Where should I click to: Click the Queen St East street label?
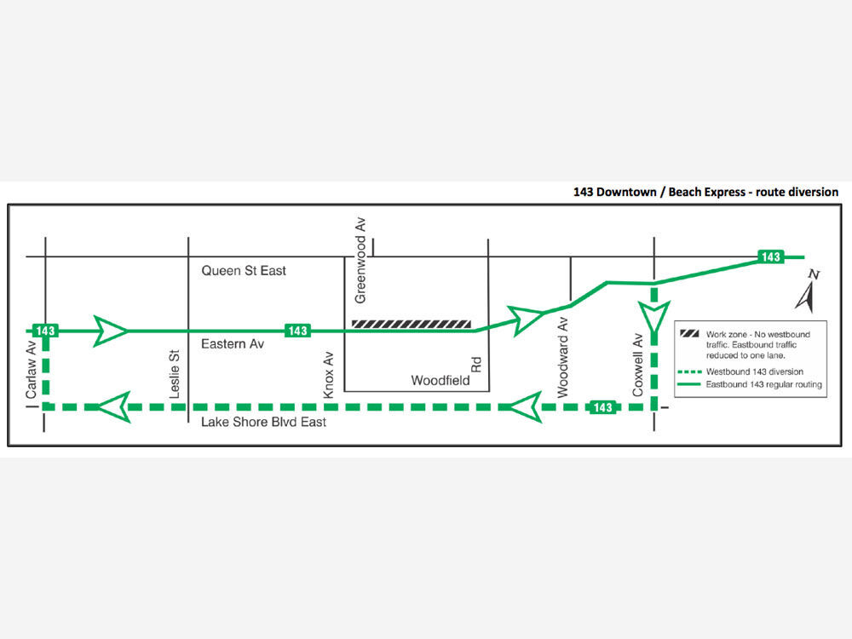244,271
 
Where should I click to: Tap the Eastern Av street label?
233,344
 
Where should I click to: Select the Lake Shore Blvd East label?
263,423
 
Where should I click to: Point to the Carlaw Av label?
31,370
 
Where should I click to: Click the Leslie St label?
175,374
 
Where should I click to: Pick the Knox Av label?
328,375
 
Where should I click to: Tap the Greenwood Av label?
360,260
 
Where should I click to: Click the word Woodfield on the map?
440,380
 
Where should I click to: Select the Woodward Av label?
562,358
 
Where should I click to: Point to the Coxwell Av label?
637,365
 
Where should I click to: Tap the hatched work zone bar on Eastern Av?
412,325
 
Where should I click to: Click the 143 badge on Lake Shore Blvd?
602,407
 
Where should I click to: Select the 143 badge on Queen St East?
771,257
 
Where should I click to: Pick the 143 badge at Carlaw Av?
45,331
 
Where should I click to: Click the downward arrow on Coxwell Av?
654,318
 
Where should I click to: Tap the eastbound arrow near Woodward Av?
526,320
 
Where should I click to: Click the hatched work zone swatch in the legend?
689,334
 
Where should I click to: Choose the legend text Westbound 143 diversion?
755,371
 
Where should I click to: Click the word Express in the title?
724,193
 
